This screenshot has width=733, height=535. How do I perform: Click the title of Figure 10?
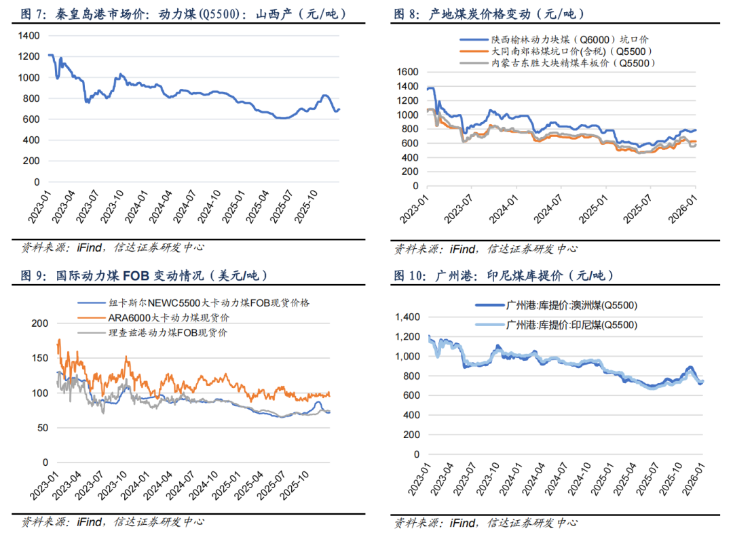[504, 276]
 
